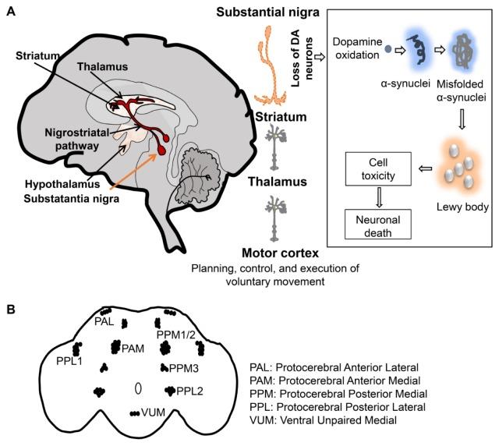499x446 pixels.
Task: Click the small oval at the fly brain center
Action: pyautogui.click(x=137, y=387)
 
